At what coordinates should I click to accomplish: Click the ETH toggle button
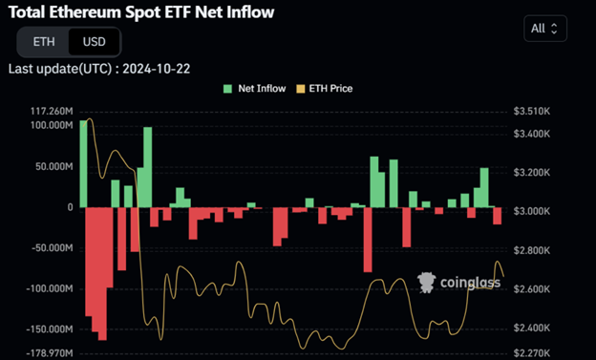pyautogui.click(x=44, y=42)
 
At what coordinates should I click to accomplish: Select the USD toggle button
pyautogui.click(x=95, y=42)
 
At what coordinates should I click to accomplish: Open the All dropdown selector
pyautogui.click(x=546, y=29)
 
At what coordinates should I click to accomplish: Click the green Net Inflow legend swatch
pyautogui.click(x=226, y=88)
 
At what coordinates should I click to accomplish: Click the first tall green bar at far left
pyautogui.click(x=83, y=163)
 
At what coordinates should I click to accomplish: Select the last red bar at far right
pyautogui.click(x=497, y=216)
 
